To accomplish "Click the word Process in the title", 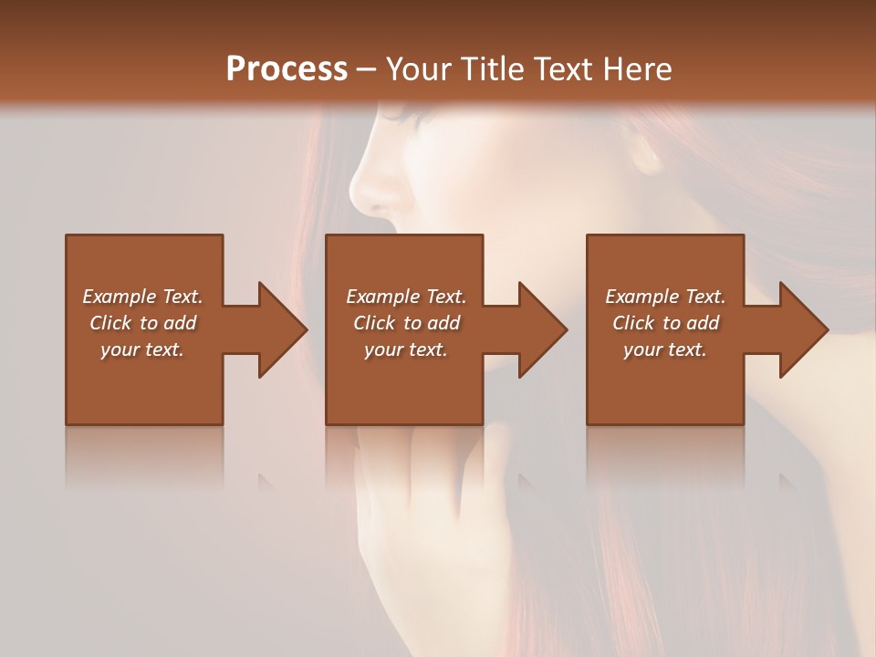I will click(287, 69).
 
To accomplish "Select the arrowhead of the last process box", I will click(802, 329).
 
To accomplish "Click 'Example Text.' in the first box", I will click(142, 297).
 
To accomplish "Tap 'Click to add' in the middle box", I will click(406, 323).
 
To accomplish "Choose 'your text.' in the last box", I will click(664, 349).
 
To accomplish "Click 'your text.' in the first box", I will click(142, 349).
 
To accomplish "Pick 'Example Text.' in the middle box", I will click(406, 297).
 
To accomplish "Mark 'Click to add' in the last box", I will click(665, 323).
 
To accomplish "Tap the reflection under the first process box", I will click(144, 456).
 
